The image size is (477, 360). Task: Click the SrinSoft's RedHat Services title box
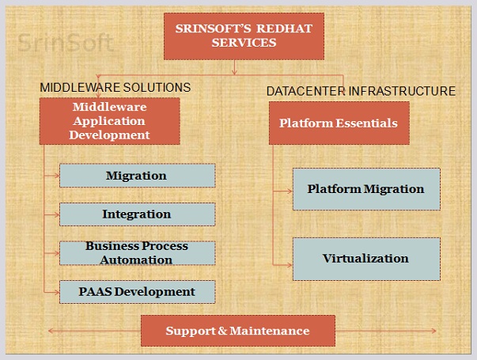point(244,36)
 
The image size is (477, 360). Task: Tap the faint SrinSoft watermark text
point(66,43)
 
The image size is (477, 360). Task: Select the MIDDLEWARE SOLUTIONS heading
point(115,88)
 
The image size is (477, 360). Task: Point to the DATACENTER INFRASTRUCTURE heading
point(361,91)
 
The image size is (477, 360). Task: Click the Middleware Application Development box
point(109,121)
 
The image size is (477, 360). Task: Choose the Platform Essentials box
point(339,123)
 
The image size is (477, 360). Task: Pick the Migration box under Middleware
point(138,176)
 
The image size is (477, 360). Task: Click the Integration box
point(138,214)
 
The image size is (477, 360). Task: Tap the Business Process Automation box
point(138,253)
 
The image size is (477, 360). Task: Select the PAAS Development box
point(138,292)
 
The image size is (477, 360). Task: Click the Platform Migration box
point(366,189)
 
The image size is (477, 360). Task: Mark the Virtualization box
point(366,259)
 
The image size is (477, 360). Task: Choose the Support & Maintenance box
point(238,331)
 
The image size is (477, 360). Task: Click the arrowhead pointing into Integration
point(57,215)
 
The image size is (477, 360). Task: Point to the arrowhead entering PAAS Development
point(57,293)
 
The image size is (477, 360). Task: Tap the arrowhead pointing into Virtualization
point(290,265)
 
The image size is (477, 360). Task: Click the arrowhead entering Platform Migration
point(290,191)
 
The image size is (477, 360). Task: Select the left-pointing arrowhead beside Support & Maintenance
point(51,331)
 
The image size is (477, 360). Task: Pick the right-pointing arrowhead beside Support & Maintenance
point(433,331)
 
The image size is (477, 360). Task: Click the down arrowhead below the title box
point(234,72)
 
